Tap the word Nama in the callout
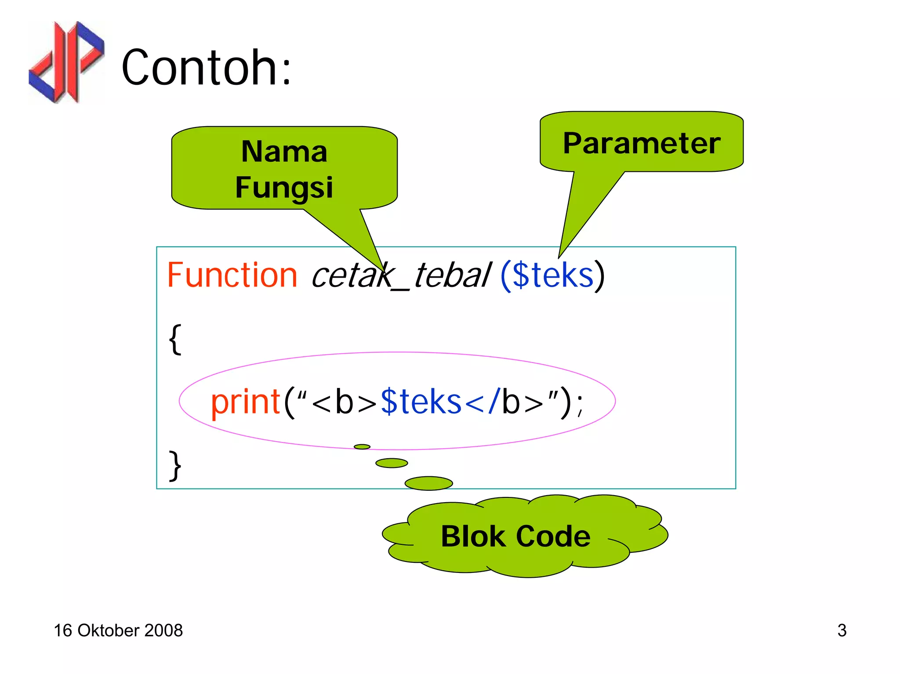pos(284,152)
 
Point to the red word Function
pos(232,275)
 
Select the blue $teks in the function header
pos(553,275)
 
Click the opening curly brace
pos(175,339)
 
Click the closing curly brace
pos(175,466)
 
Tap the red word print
pos(245,402)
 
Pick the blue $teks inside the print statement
pos(421,402)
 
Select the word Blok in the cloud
pos(473,536)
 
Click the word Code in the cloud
pos(553,536)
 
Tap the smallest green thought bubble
pos(362,447)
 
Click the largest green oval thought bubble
pos(428,483)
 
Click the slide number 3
pos(842,631)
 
